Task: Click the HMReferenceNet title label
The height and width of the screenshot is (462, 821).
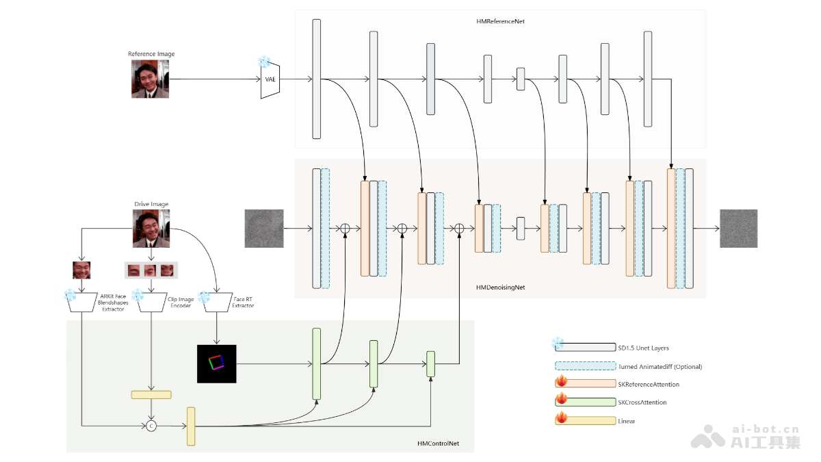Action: pos(500,21)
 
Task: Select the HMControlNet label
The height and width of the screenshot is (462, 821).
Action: pos(438,444)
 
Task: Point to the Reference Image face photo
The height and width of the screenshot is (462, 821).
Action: pos(150,78)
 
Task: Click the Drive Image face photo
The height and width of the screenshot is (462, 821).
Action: pos(151,228)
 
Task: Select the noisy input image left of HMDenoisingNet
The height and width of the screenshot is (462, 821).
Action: pos(263,228)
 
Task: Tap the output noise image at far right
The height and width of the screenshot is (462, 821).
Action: pos(738,228)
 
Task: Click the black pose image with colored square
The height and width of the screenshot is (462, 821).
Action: pos(216,363)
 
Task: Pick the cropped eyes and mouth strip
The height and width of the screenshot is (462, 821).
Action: pos(151,270)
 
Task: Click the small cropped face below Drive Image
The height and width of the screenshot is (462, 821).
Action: pos(81,270)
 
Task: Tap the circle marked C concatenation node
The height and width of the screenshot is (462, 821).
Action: pos(151,426)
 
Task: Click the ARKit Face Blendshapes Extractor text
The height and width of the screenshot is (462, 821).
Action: pos(113,302)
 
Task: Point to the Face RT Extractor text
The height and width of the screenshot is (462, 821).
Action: pos(243,302)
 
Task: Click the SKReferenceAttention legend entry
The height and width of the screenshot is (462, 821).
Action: pos(649,385)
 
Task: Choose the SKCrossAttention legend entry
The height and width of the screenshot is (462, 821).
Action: pos(642,402)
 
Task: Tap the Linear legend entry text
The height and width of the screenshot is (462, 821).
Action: pos(626,421)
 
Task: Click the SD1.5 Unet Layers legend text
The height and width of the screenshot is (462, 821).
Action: pos(643,348)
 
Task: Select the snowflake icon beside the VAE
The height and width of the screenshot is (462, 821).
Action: pos(263,63)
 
